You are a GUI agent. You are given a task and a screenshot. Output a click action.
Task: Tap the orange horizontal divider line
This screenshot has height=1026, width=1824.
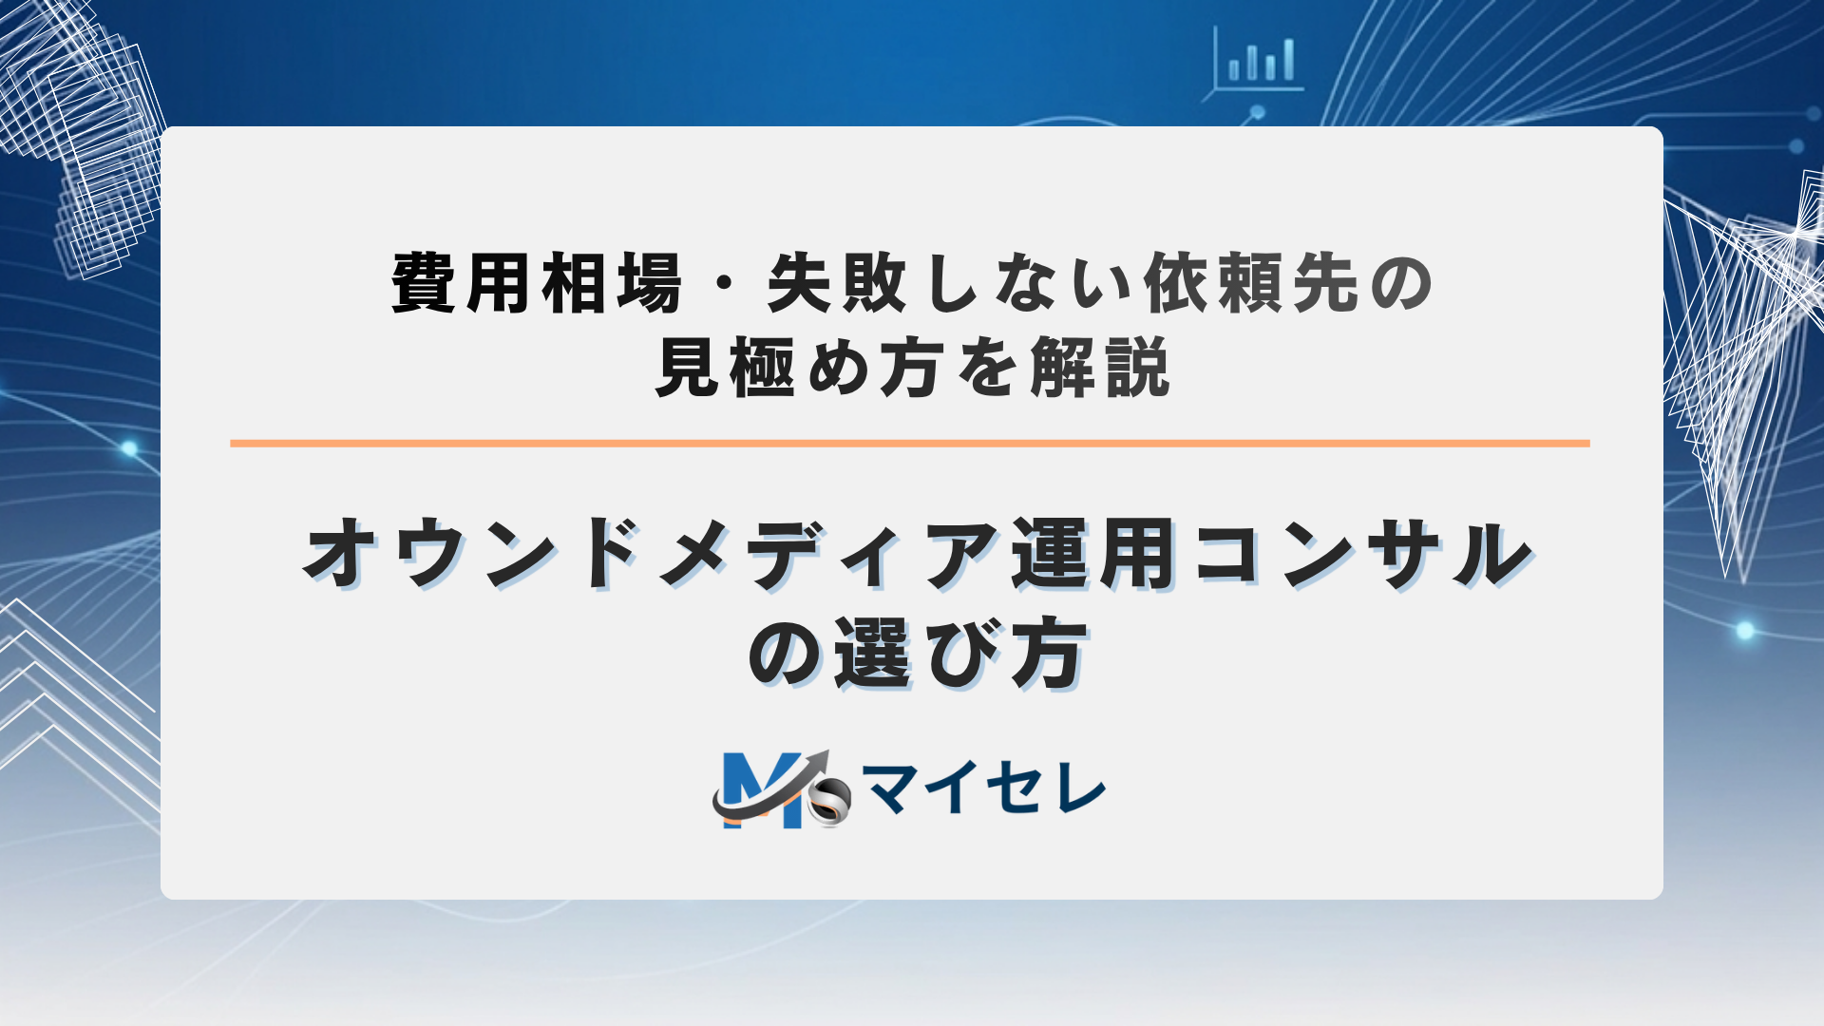coord(909,443)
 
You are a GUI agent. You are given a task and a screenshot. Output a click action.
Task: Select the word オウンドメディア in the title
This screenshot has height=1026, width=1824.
coord(652,554)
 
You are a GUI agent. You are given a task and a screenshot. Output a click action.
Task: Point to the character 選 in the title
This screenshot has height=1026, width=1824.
coord(872,654)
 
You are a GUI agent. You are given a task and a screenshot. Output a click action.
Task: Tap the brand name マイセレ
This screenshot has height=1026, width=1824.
coord(983,788)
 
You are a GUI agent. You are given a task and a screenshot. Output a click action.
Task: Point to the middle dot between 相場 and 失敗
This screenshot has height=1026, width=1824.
coord(724,283)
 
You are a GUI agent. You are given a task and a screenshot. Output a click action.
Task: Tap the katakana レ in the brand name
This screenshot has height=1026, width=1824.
coord(1080,788)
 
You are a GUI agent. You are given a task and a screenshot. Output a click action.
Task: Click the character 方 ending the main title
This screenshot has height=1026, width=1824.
coord(1048,654)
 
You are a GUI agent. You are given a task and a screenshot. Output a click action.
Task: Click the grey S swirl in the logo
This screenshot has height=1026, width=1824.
coord(828,803)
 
